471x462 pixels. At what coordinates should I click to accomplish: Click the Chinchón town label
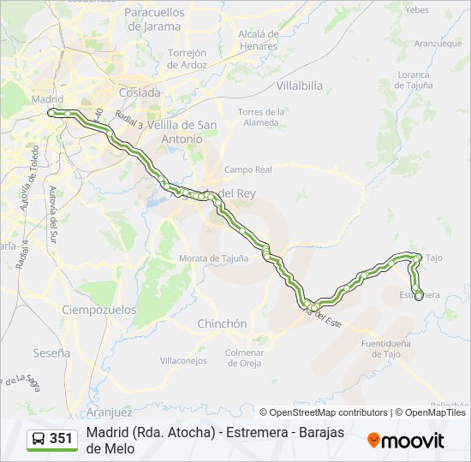[222, 324]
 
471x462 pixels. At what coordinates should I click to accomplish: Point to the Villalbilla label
[299, 86]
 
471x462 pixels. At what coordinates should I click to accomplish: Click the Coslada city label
[140, 92]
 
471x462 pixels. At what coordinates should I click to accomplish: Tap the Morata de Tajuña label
[213, 258]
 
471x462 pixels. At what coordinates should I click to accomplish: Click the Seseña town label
[52, 352]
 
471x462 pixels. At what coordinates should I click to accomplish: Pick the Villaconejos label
[183, 360]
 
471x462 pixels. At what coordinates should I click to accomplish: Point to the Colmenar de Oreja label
[244, 357]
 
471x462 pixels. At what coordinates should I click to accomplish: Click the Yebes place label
[416, 10]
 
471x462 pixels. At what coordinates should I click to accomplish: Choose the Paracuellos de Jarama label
[154, 19]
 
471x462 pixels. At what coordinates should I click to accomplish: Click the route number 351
[61, 439]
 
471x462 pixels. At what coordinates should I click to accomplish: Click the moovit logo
[406, 440]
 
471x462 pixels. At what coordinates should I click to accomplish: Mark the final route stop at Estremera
[419, 297]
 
